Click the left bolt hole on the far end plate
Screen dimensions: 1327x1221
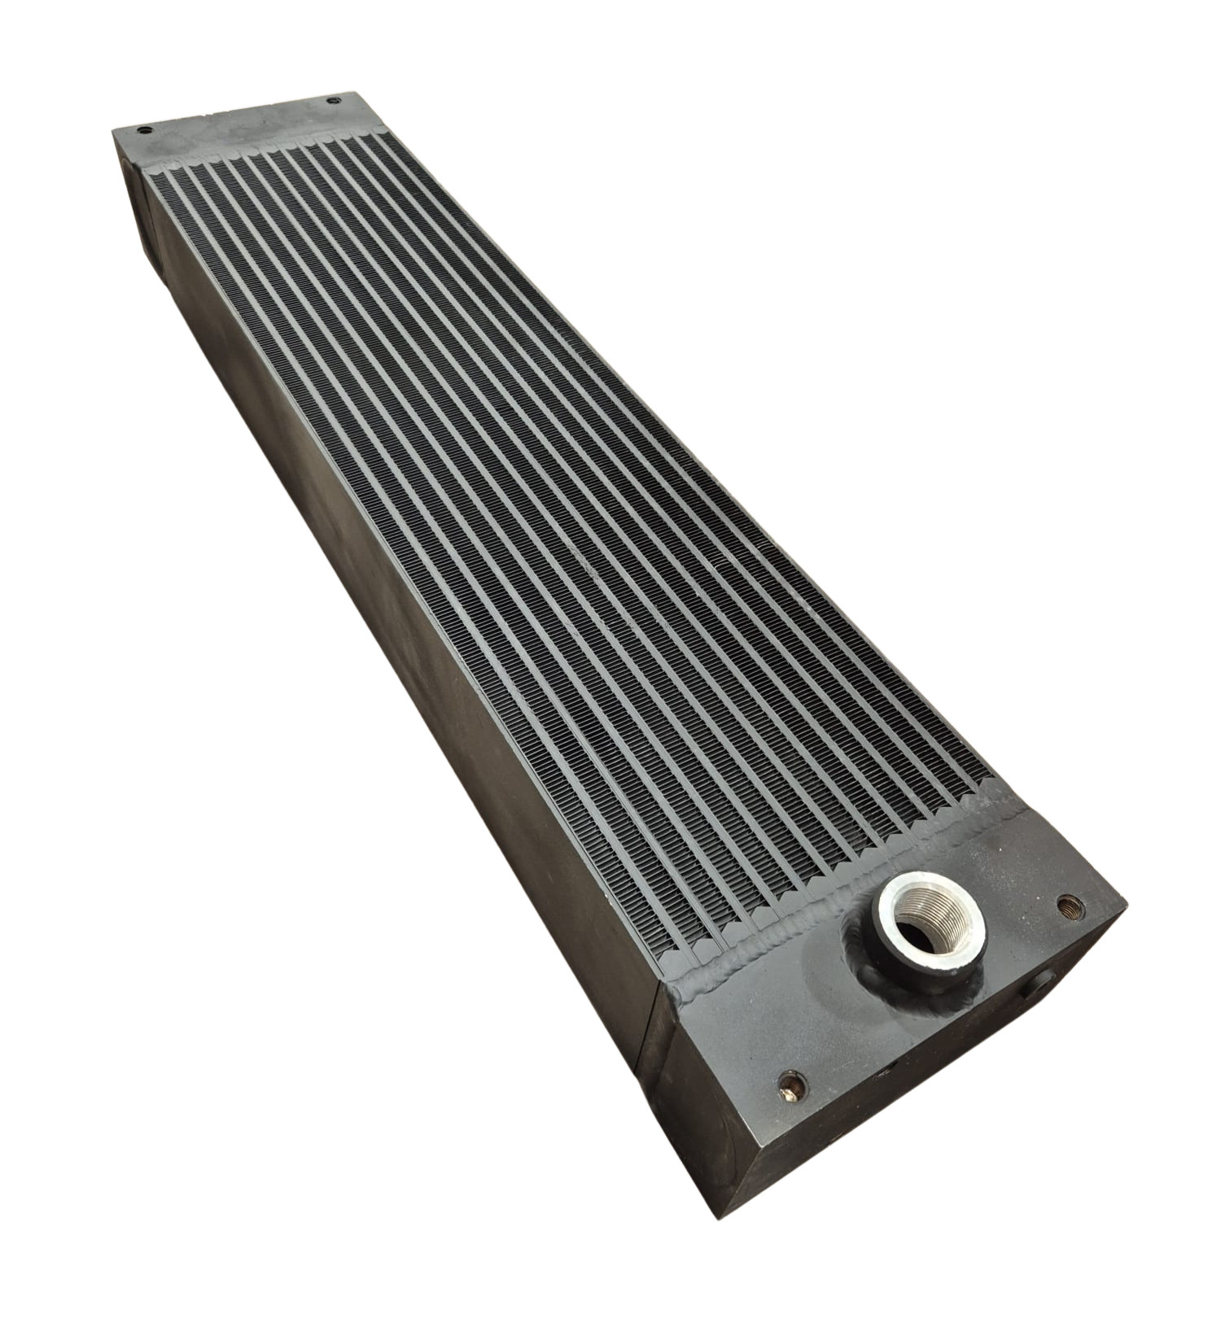coord(143,131)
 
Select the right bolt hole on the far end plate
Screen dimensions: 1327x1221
coord(332,101)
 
